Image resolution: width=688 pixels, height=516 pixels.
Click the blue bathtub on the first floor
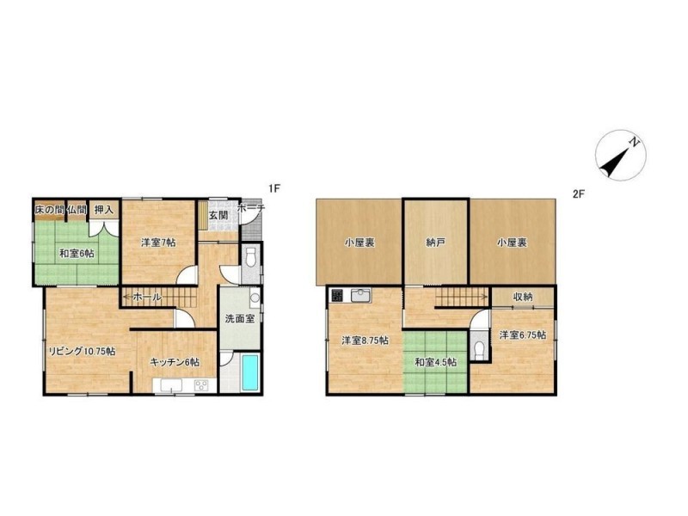tap(250, 372)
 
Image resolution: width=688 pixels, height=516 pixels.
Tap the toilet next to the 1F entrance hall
tap(251, 258)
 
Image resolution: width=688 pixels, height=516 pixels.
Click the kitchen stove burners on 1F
tap(202, 385)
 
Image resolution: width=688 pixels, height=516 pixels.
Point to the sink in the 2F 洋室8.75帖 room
tap(361, 295)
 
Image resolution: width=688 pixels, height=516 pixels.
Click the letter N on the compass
tap(634, 142)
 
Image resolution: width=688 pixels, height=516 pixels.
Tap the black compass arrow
tap(614, 162)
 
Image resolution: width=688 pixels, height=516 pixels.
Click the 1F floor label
tap(274, 189)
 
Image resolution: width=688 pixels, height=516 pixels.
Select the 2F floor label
tap(579, 193)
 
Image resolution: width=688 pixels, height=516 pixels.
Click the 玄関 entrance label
tap(218, 216)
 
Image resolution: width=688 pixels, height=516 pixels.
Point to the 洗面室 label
tap(240, 318)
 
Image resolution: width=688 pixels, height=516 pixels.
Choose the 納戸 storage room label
tap(436, 243)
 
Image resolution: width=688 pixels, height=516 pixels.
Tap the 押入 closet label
tap(104, 210)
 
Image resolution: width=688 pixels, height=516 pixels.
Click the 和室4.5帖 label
tap(436, 362)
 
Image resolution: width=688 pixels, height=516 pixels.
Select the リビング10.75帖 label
tap(82, 351)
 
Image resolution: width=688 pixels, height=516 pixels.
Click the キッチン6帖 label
tap(175, 362)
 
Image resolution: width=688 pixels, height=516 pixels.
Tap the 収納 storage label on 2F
tap(523, 297)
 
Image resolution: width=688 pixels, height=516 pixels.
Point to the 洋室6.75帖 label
tap(523, 335)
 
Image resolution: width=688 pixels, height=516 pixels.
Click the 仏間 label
tap(77, 210)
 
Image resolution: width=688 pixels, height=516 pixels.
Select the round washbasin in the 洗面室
tap(255, 298)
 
